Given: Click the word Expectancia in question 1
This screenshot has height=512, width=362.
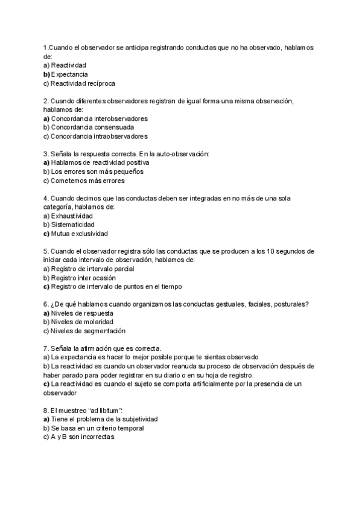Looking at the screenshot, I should tap(70, 74).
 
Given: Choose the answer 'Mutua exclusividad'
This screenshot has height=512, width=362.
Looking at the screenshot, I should tap(79, 234).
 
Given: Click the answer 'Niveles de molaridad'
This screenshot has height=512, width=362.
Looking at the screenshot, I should tap(83, 322).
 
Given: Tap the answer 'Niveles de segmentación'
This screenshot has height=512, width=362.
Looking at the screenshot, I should tap(88, 331).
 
